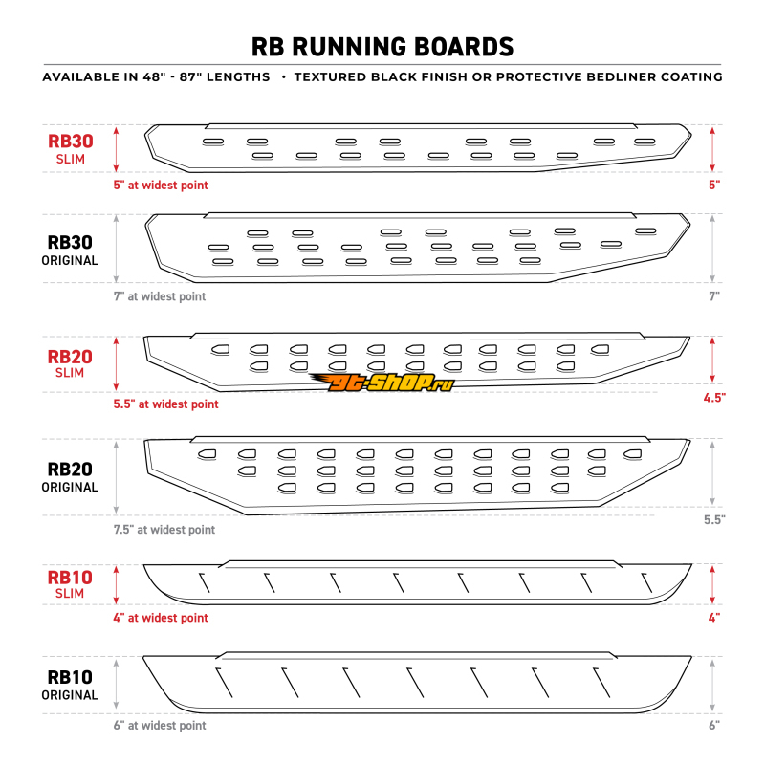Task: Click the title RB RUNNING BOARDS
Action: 382,46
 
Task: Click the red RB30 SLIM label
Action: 71,148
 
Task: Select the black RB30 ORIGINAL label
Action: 71,251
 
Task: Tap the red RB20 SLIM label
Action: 71,365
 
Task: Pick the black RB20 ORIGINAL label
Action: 71,477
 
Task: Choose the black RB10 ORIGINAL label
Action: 71,685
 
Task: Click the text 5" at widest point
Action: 161,185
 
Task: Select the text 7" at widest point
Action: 160,296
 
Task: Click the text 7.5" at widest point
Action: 164,529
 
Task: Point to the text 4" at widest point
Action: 161,618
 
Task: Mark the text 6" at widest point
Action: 160,726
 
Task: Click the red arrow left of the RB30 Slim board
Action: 116,148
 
